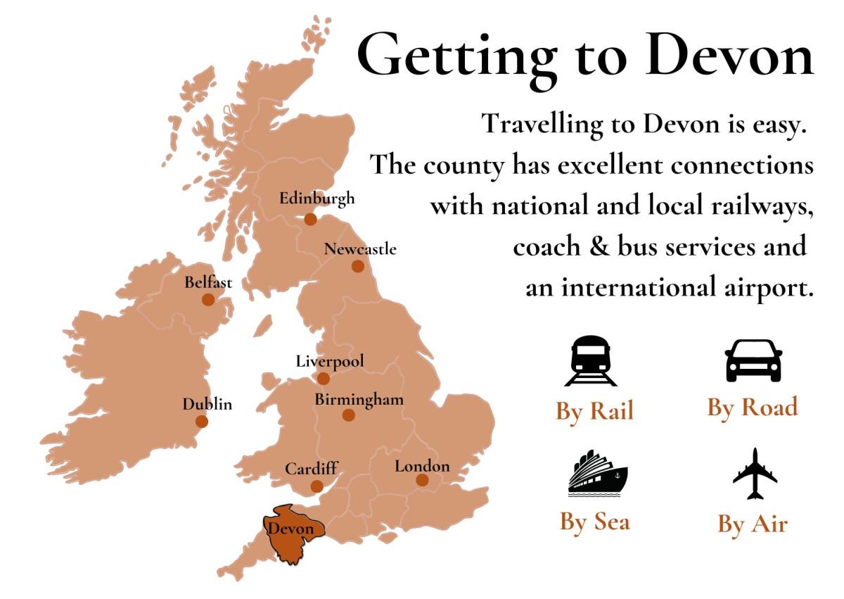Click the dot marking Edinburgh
pos(310,220)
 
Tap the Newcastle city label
pos(359,249)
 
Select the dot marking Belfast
pos(208,300)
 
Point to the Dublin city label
pos(207,405)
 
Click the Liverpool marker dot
pos(324,379)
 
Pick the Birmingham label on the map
pos(359,400)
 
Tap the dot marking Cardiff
pos(317,486)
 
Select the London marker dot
pos(422,480)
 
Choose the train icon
pos(591,361)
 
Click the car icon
pos(753,360)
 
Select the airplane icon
pos(755,474)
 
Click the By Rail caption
pos(594,410)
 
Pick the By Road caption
pos(752,408)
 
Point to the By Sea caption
pos(594,522)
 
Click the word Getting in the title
pos(453,55)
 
